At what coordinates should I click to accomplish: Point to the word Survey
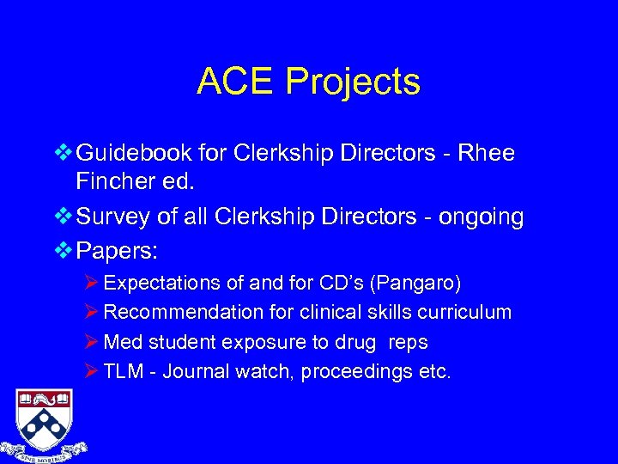point(115,217)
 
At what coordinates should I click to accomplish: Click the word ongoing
point(480,218)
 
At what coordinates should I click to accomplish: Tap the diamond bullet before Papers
point(64,250)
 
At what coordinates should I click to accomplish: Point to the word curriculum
point(466,312)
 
